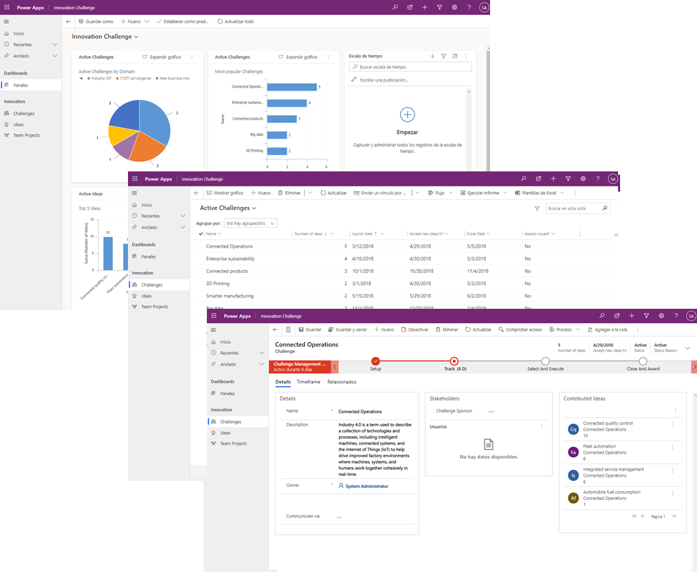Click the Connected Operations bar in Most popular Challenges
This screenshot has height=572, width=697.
(292, 87)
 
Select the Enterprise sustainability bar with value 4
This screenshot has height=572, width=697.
(287, 103)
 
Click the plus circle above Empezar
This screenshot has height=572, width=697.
(407, 114)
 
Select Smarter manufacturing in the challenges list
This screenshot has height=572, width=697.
(230, 296)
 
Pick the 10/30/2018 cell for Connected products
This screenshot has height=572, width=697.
(422, 271)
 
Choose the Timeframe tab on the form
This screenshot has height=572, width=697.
(308, 382)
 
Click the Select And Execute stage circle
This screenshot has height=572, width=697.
(545, 361)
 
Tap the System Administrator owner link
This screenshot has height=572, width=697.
(366, 486)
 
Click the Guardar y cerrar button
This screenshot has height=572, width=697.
(346, 330)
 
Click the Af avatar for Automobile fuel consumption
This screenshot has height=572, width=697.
(573, 498)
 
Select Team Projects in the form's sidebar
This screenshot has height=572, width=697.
(233, 443)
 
